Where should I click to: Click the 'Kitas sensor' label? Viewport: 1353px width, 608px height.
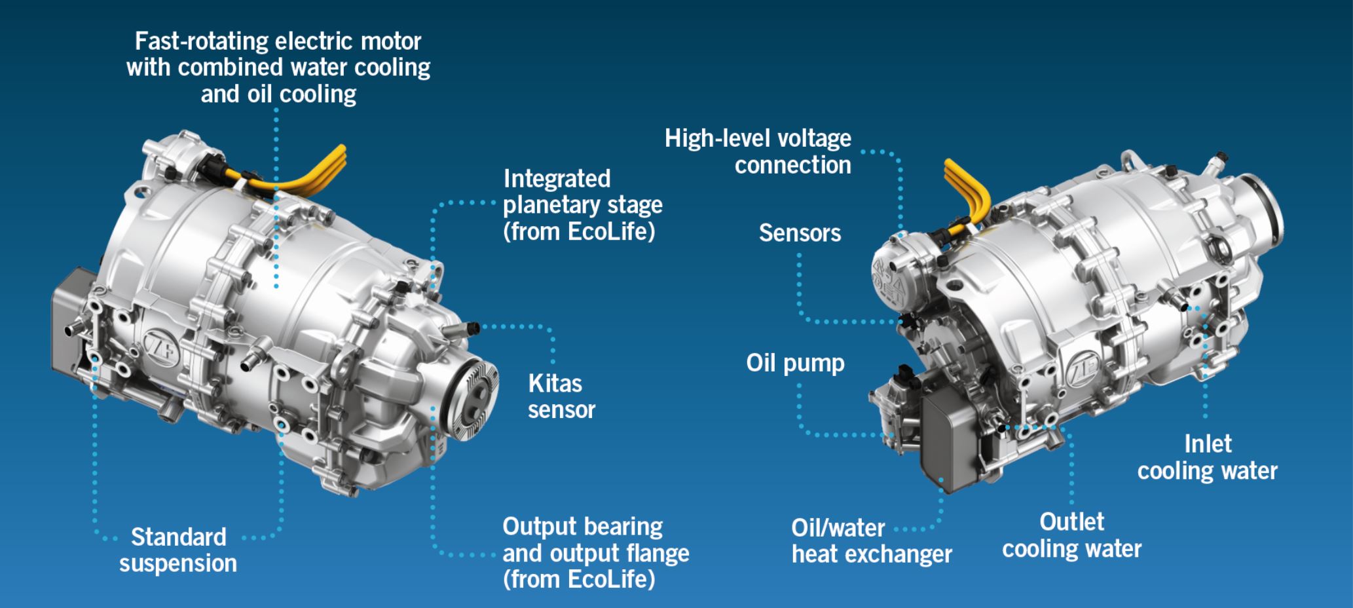[x=561, y=396]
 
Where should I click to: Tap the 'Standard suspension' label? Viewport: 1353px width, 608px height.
[x=178, y=550]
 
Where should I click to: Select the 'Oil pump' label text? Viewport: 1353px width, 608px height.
[x=795, y=362]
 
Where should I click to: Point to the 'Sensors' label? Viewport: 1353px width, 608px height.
[x=800, y=233]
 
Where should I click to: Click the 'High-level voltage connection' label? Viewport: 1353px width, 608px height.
[x=758, y=151]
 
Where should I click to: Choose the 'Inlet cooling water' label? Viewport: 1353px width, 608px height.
[x=1207, y=457]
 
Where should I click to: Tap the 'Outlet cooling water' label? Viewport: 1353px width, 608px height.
[x=1071, y=535]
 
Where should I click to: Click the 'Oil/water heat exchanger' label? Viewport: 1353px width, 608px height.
[x=871, y=541]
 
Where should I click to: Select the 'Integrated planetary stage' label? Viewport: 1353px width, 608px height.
[x=582, y=204]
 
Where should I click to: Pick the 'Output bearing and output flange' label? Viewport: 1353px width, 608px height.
[x=595, y=553]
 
